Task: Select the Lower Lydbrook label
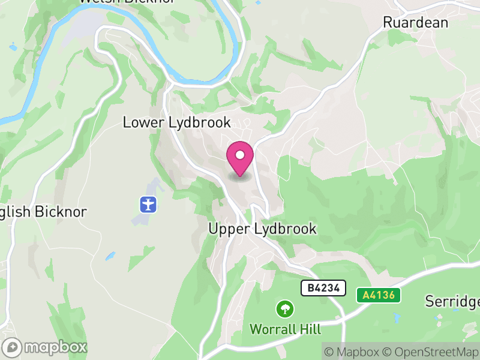pos(176,122)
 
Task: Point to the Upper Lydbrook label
pos(262,229)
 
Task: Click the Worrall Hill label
pos(285,329)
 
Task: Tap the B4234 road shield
pos(323,288)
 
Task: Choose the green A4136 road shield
pos(378,295)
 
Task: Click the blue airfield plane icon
pos(148,204)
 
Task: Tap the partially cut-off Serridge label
pos(453,301)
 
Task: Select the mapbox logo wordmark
pos(46,347)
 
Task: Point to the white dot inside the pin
pos(240,155)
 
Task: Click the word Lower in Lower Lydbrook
pos(142,122)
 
